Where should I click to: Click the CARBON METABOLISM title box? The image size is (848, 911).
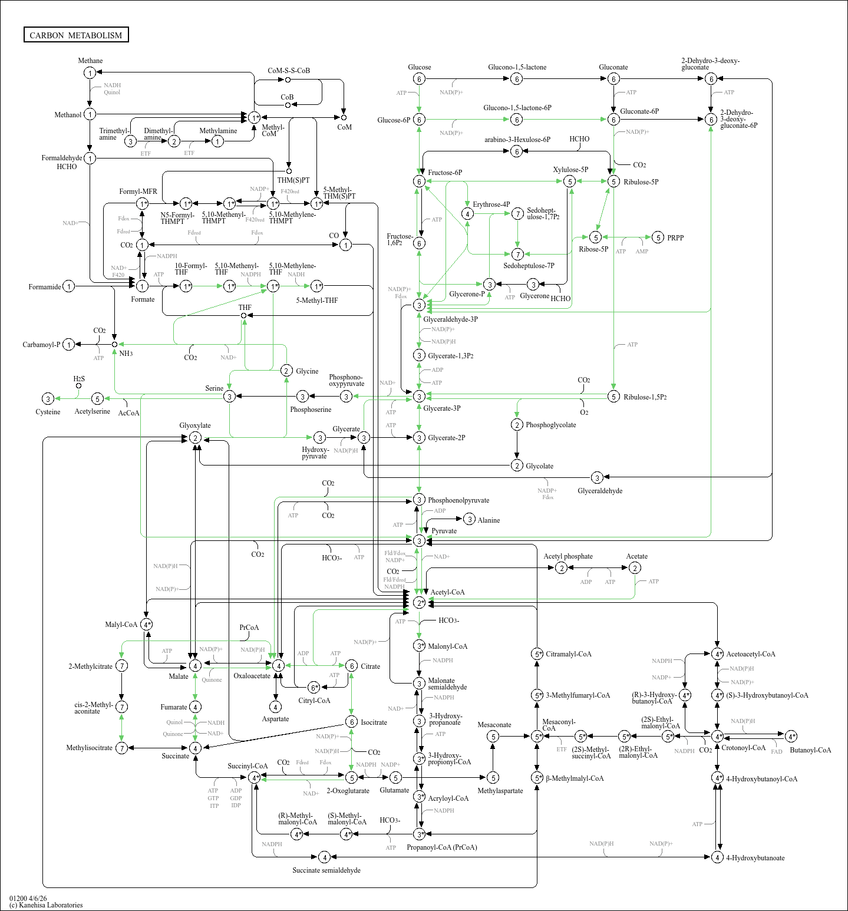(x=76, y=35)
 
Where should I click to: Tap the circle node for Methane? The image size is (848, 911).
(x=90, y=73)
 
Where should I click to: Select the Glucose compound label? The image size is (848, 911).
(x=419, y=67)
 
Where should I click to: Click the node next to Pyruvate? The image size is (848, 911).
(x=419, y=540)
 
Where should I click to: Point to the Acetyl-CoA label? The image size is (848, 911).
(x=447, y=592)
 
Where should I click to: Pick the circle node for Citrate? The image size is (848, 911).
(x=351, y=666)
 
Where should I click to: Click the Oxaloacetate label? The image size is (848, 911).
(x=252, y=676)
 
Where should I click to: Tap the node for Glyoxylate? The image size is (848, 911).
(x=195, y=438)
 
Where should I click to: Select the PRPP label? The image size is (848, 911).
(x=675, y=238)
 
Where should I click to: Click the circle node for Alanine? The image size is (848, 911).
(x=469, y=519)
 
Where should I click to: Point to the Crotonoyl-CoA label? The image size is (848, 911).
(x=743, y=748)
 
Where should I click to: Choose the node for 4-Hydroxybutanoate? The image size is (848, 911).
(x=717, y=857)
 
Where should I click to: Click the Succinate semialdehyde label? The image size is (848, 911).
(x=326, y=870)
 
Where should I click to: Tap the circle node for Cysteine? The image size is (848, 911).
(x=48, y=399)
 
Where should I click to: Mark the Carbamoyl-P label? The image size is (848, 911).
(x=41, y=345)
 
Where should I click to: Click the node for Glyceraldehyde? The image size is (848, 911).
(x=597, y=477)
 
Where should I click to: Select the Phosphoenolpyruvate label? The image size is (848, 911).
(x=458, y=500)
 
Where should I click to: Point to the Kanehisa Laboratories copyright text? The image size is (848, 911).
(x=46, y=905)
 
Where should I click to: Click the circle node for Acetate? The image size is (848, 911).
(x=635, y=567)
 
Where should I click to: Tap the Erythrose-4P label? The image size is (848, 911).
(x=491, y=204)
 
